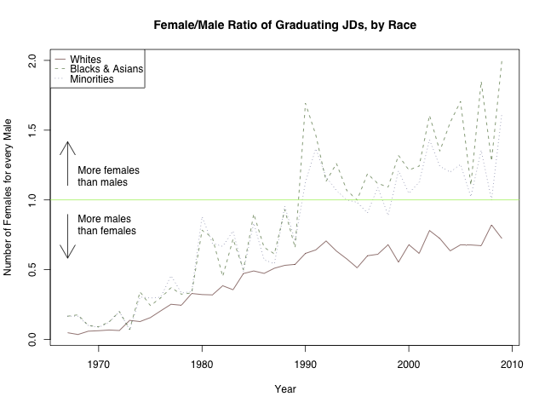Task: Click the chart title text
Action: [x=284, y=26]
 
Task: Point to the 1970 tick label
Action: [x=98, y=365]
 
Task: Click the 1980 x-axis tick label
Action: [x=202, y=365]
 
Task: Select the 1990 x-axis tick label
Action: [x=306, y=365]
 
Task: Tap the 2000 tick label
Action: [x=409, y=365]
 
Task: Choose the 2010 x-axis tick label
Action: [x=512, y=365]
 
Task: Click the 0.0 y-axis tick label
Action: [x=32, y=339]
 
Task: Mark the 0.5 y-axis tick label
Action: [x=32, y=269]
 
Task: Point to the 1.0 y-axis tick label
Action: [x=32, y=200]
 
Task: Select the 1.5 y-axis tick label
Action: [x=32, y=130]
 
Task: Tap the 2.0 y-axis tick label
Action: [x=32, y=61]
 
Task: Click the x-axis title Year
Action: [x=285, y=389]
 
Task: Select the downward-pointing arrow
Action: [x=67, y=236]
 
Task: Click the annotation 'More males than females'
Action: [x=106, y=224]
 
